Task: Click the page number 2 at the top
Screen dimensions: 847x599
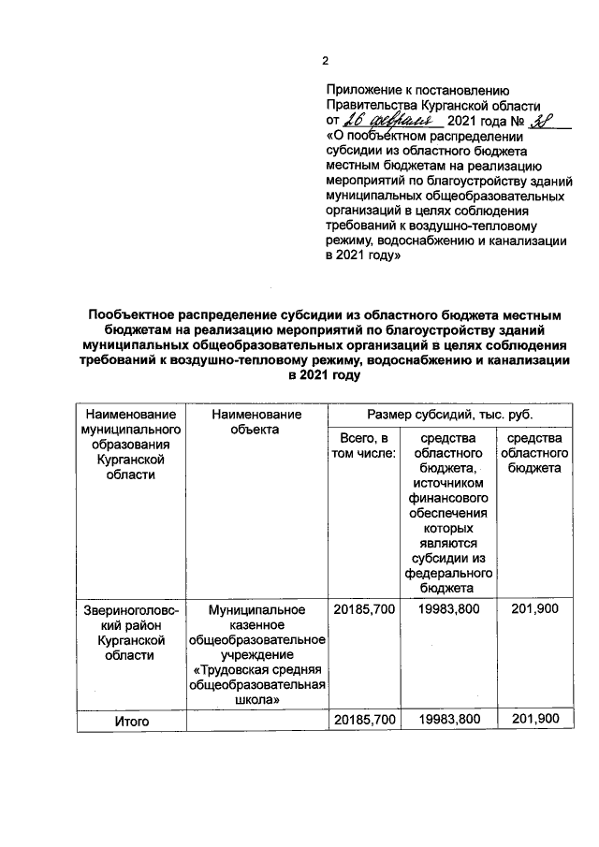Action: coord(325,62)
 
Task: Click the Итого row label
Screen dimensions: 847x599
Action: coord(130,721)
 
